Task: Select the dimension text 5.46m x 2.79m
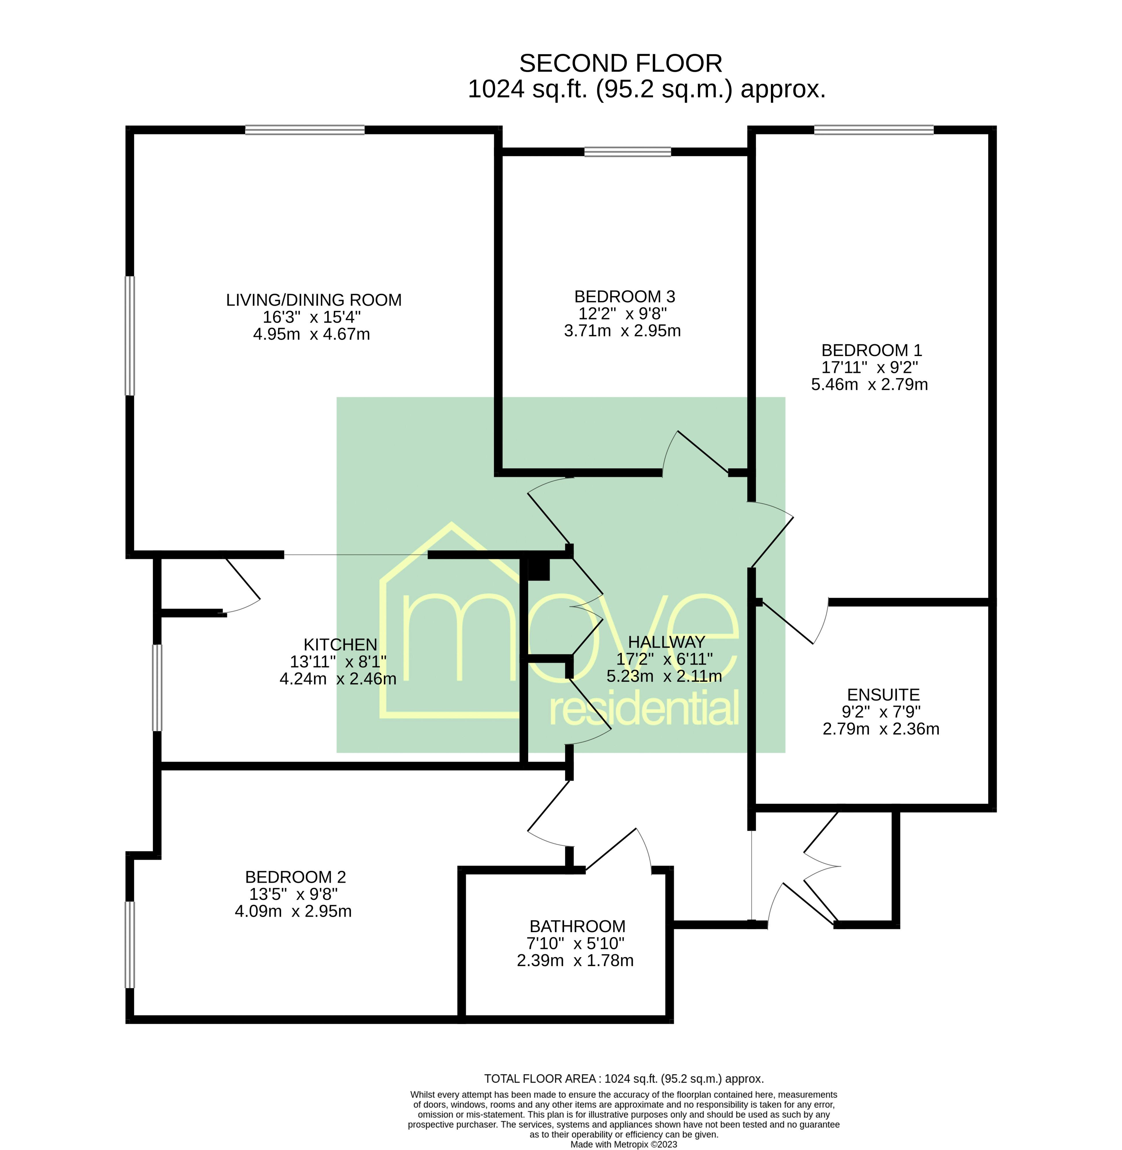coord(869,385)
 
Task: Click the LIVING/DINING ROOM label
coord(313,300)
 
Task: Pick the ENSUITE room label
coord(883,695)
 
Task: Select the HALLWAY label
coord(666,642)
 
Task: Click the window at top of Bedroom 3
coord(627,152)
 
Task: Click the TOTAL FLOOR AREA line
coord(623,1079)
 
